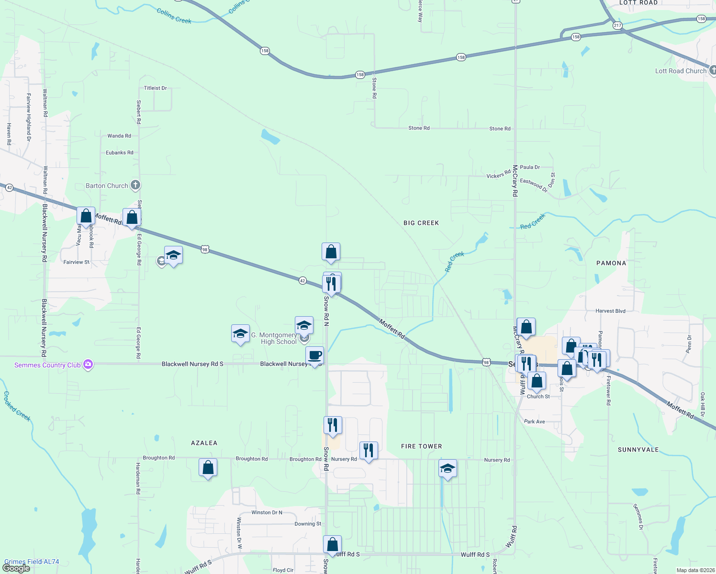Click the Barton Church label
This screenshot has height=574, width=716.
coord(107,186)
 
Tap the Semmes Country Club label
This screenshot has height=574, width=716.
coord(47,365)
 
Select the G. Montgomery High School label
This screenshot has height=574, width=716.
coord(274,338)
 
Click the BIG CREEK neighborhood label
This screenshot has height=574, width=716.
coord(421,223)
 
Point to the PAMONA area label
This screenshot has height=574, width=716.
coord(611,263)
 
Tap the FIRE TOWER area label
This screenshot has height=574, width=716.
coord(422,446)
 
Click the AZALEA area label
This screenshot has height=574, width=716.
coord(204,443)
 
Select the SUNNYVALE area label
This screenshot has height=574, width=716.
coord(638,450)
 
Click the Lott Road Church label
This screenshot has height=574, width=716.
coord(681,71)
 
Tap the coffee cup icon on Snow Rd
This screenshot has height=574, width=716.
coord(314,355)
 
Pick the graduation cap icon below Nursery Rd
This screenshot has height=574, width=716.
coord(447,468)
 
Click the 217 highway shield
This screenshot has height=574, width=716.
coord(617,25)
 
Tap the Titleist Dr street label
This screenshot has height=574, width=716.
coord(156,88)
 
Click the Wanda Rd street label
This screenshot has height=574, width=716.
coord(119,136)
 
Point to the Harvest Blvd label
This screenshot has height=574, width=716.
coord(610,311)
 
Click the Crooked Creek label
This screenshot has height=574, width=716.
coord(17,406)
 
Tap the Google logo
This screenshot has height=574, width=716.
coord(16,568)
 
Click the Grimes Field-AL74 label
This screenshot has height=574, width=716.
coord(32,562)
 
